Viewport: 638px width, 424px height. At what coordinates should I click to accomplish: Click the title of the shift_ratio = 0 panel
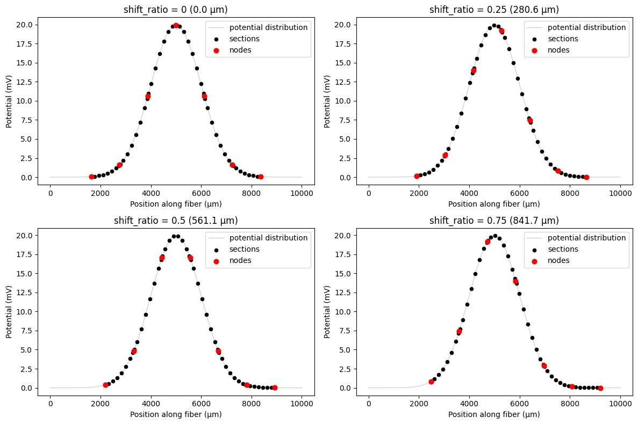(176, 10)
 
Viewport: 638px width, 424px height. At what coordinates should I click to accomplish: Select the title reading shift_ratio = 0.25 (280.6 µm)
(494, 10)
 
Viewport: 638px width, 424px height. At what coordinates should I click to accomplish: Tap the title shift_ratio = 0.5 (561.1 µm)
(176, 220)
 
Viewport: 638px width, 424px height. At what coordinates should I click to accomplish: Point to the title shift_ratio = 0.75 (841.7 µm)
(494, 220)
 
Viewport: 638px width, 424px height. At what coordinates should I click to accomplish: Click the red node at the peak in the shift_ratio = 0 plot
(176, 25)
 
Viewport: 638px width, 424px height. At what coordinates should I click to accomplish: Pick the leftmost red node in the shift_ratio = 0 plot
(91, 177)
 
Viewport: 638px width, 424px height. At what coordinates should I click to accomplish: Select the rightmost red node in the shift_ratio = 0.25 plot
(586, 177)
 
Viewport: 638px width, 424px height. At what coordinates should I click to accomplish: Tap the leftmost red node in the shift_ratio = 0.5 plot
(105, 385)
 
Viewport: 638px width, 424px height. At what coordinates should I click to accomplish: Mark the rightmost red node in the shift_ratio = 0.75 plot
(600, 388)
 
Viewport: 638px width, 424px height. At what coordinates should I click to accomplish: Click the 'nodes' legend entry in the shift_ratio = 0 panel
(240, 50)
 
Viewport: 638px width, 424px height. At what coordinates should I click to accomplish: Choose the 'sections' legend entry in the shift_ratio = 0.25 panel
(563, 39)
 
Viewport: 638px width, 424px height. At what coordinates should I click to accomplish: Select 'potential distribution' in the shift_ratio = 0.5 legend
(268, 238)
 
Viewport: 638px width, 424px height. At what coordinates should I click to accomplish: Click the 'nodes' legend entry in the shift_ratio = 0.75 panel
(558, 260)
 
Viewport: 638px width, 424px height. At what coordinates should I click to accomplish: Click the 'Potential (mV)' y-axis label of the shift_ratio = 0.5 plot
(9, 311)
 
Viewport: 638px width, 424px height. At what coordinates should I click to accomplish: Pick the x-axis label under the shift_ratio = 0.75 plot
(494, 414)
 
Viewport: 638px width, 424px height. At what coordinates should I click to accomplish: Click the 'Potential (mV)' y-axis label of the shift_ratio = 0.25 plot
(327, 101)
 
